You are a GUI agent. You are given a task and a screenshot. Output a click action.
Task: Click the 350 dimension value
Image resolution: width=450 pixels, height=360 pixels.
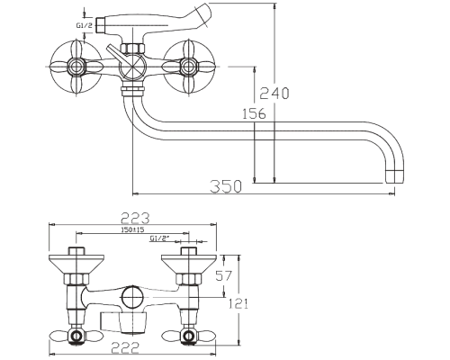(x=226, y=186)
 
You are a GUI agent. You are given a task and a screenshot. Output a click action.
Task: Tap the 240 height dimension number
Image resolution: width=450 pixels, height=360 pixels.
(x=274, y=93)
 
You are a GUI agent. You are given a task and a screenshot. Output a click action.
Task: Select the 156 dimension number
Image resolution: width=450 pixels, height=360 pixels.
(x=254, y=113)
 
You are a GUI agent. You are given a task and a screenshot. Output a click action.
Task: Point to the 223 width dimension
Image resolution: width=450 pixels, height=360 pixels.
(x=135, y=218)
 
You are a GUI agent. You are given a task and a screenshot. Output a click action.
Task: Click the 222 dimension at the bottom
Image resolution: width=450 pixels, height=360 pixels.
(x=125, y=348)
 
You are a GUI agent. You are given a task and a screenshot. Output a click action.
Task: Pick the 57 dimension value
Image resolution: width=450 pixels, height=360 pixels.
(x=224, y=276)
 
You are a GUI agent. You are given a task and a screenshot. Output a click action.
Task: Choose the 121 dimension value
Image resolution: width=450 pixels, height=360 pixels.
(x=238, y=304)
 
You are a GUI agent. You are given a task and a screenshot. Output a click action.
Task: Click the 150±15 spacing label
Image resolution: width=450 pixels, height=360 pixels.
(x=132, y=229)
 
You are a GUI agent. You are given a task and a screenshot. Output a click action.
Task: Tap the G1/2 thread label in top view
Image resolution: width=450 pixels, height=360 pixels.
(x=84, y=25)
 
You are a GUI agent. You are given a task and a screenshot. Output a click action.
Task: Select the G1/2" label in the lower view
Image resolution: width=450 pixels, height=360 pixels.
(x=159, y=238)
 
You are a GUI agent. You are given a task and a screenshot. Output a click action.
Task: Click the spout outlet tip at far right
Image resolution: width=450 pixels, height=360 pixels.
(x=394, y=176)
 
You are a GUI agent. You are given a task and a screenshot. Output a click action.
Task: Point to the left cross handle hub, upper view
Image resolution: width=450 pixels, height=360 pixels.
(x=76, y=67)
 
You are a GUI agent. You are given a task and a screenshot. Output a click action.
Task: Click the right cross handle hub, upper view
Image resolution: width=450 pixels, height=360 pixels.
(x=188, y=67)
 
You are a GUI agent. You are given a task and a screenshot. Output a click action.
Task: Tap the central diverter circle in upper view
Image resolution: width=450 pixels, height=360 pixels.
(x=132, y=67)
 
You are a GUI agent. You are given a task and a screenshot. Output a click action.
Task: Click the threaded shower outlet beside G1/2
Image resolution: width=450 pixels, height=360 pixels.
(x=100, y=25)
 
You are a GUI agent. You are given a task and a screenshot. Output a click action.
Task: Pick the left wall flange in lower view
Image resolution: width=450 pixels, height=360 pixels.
(x=76, y=264)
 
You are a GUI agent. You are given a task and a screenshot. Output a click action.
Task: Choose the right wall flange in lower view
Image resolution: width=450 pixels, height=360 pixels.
(x=189, y=264)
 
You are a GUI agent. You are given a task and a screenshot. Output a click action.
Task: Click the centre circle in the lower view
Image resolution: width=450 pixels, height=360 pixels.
(x=132, y=297)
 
